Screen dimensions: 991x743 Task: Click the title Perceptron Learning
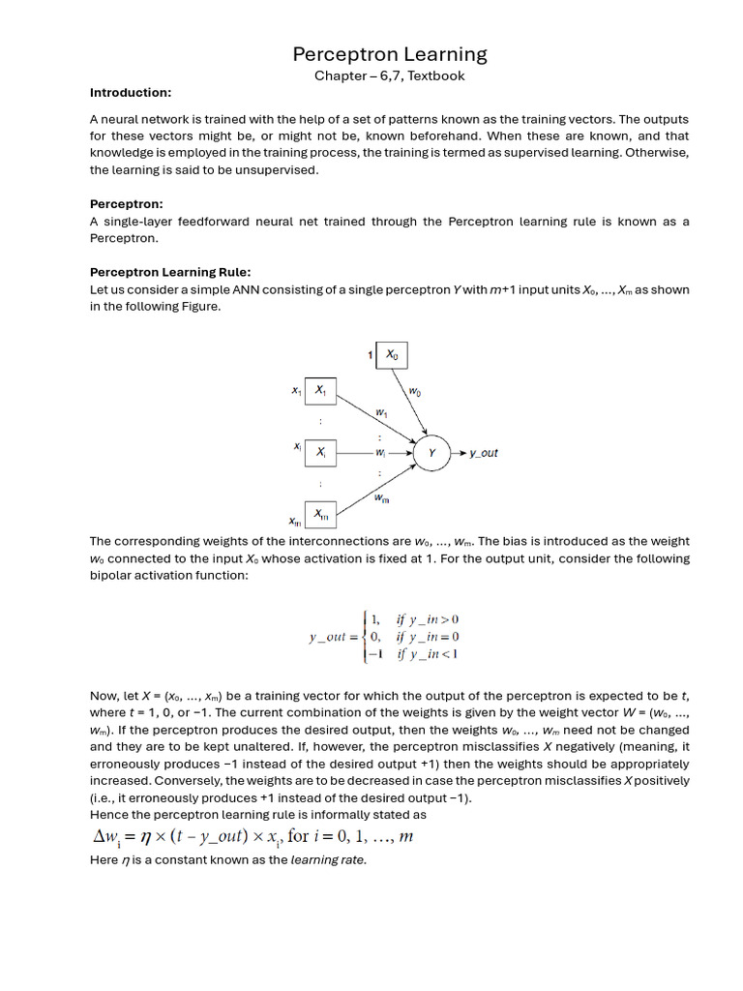coord(389,54)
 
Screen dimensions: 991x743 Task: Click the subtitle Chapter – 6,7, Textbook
coord(389,75)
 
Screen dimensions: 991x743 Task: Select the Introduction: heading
coord(131,93)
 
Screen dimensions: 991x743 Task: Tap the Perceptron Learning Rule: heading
coord(170,272)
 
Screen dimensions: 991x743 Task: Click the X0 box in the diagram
coord(392,355)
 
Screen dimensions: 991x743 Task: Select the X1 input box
coord(320,391)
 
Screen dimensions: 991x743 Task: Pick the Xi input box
coord(320,452)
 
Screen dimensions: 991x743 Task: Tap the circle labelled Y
coord(432,452)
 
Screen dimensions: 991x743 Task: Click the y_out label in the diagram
coord(483,453)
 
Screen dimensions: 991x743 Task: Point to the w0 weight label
coord(415,392)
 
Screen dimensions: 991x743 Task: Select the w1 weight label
coord(381,412)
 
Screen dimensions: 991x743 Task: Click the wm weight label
coord(381,498)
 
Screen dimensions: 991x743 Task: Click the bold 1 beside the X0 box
coord(371,356)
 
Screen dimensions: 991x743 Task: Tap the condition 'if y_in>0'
coord(428,618)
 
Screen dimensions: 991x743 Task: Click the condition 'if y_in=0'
coord(428,636)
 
